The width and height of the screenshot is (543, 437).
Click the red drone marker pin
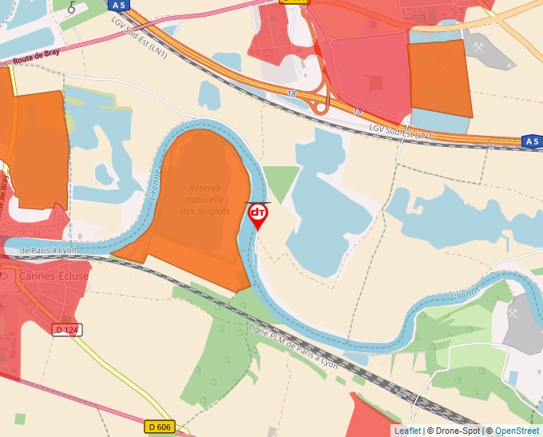(x=258, y=215)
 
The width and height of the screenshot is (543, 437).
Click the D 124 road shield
(x=69, y=329)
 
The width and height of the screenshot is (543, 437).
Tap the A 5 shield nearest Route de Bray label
(x=119, y=5)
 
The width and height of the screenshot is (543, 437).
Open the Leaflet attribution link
(x=407, y=431)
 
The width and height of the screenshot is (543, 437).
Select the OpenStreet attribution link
(x=517, y=431)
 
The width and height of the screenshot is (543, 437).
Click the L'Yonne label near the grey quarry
(x=467, y=292)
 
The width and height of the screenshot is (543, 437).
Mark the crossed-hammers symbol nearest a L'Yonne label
(x=512, y=313)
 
